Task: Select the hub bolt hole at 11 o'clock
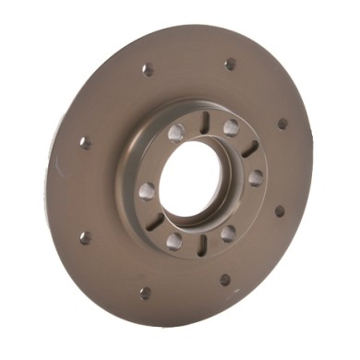pos(175,132)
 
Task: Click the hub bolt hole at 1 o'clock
pos(230,127)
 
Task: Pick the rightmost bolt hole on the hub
pos(256,176)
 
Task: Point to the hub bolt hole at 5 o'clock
pos(228,233)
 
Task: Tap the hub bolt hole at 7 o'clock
pos(174,241)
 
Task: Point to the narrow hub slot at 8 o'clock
pos(154,221)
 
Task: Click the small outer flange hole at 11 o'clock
pos(148,69)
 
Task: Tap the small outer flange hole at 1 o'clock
pos(230,65)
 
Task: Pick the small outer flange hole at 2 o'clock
pos(282,123)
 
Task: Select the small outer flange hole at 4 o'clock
pos(280,210)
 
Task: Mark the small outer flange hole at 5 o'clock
pos(225,279)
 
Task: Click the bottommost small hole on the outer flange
pos(145,294)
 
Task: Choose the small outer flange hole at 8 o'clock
pos(85,237)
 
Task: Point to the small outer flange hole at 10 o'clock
pos(85,142)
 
